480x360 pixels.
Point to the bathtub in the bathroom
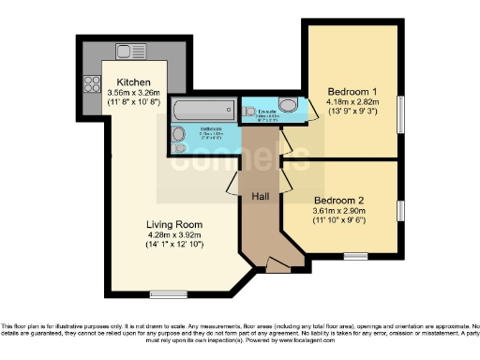click(204, 111)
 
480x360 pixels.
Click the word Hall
click(261, 197)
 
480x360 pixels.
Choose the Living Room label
click(174, 224)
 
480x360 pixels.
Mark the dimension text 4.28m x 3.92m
click(174, 234)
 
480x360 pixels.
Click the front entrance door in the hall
click(275, 264)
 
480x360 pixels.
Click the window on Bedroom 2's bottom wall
click(355, 255)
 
